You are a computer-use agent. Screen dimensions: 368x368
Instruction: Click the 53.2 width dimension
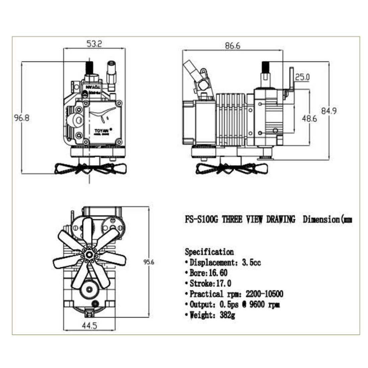pyautogui.click(x=94, y=44)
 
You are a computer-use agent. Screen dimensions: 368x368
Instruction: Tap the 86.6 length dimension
pyautogui.click(x=233, y=46)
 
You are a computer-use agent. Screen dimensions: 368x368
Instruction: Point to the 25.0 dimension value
pyautogui.click(x=302, y=78)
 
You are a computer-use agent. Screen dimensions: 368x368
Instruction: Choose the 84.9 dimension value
pyautogui.click(x=329, y=110)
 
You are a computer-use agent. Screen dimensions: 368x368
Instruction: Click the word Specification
pyautogui.click(x=209, y=252)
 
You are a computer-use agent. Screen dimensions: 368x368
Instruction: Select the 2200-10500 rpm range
pyautogui.click(x=264, y=294)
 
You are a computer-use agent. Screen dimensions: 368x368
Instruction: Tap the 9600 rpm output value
pyautogui.click(x=264, y=305)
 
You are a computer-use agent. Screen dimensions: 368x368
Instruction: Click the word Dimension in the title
pyautogui.click(x=321, y=219)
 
